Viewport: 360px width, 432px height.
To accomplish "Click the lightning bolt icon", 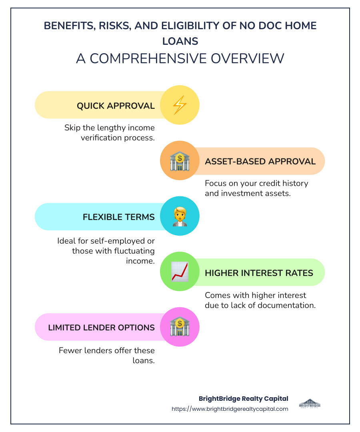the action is coord(180,105).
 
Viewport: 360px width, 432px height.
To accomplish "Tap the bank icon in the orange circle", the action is coord(180,161).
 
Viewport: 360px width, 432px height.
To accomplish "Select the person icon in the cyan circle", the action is coord(180,216).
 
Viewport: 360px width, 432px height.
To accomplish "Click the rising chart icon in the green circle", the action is coord(180,272).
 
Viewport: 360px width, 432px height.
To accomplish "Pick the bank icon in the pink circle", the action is coord(180,327).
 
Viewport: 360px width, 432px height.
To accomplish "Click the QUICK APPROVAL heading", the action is coord(116,106).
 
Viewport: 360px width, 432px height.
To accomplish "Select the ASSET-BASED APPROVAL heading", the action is coord(260,161).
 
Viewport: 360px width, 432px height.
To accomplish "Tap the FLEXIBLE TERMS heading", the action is coord(118,217).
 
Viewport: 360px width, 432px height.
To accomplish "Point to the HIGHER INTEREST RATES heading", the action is coord(259,272).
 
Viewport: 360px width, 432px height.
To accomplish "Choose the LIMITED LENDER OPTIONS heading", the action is coord(101,327).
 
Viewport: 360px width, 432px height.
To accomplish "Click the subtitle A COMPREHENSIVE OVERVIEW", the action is coord(180,58).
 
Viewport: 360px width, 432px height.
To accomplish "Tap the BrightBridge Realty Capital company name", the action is coord(243,398).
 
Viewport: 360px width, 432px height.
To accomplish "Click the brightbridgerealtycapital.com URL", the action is coord(230,409).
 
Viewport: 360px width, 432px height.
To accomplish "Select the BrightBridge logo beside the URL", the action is coord(310,403).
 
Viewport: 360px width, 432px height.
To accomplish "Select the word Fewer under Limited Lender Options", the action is coord(70,350).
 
